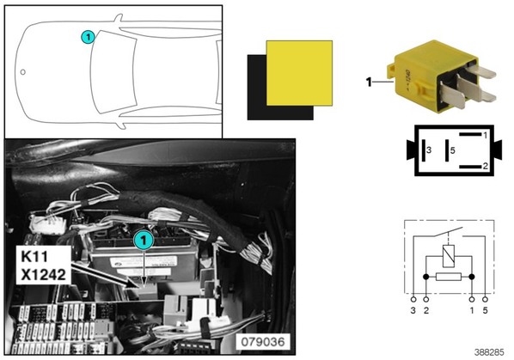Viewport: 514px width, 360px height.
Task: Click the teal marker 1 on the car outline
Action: (88, 37)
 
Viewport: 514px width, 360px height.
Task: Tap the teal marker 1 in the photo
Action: (144, 241)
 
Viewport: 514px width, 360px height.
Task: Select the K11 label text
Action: (34, 257)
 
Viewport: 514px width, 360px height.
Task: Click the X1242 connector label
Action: (43, 275)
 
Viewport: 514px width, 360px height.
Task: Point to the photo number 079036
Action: (263, 342)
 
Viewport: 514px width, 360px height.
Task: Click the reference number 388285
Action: (489, 352)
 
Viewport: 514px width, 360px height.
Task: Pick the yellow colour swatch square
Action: (299, 73)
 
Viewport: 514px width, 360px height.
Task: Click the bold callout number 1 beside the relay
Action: (369, 82)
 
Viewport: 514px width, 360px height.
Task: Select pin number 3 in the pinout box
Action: (429, 150)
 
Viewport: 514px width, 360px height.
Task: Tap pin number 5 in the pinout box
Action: (453, 150)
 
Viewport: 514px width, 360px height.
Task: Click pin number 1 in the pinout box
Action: (485, 135)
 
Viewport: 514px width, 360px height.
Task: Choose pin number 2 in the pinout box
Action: (485, 167)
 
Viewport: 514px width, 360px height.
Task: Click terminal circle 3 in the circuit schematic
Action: (413, 299)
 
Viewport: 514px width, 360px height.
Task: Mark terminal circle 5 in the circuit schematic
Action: (485, 299)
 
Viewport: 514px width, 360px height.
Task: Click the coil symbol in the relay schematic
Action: (449, 256)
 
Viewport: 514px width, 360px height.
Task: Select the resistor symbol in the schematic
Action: (449, 277)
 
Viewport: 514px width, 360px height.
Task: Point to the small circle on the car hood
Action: (23, 71)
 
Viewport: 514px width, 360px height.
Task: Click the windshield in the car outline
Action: (113, 71)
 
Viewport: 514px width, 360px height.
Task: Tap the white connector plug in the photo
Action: (47, 224)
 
